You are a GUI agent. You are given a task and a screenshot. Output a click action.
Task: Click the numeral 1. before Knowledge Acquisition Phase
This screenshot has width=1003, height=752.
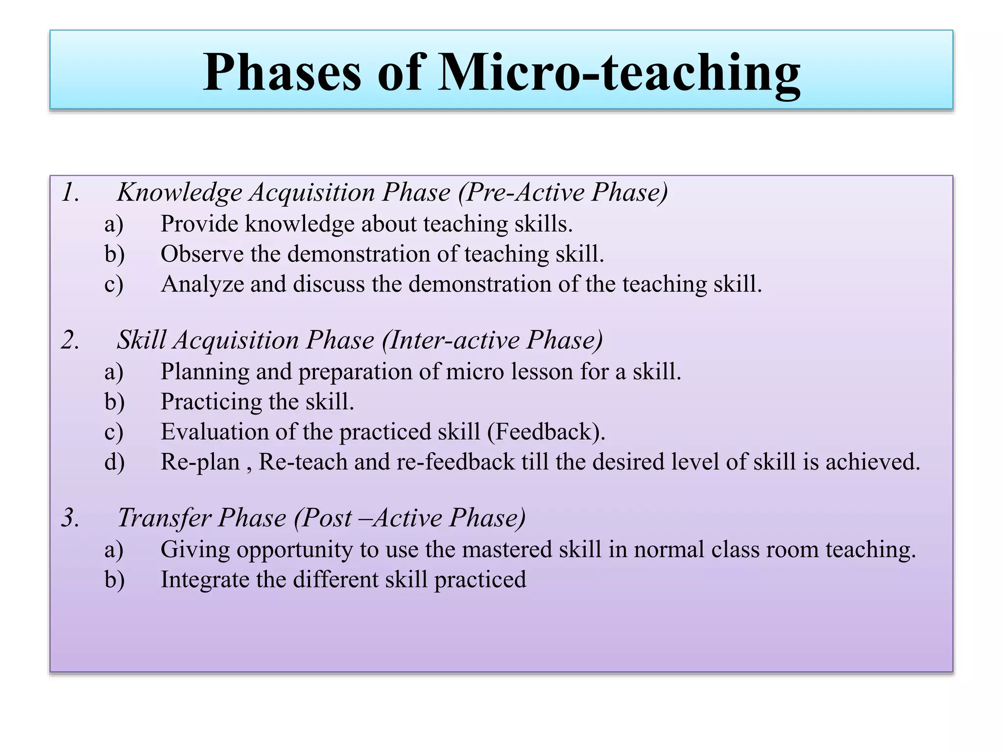(71, 192)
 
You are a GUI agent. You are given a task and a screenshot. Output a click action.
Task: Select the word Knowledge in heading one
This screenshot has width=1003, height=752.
(179, 192)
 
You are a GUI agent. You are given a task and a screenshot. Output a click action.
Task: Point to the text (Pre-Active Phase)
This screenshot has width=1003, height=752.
(563, 192)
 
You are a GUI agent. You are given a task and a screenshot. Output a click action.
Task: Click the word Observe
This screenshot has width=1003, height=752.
(202, 254)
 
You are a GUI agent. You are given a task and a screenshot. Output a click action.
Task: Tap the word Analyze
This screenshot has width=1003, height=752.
(202, 284)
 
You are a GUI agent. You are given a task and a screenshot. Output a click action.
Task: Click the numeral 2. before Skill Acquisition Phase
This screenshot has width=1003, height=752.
(71, 340)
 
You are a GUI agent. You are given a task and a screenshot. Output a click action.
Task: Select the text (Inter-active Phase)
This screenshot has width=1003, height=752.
(493, 340)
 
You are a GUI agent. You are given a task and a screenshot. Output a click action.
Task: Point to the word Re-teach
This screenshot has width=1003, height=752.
(303, 462)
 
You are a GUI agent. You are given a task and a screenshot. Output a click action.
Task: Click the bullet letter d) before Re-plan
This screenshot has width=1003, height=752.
(114, 462)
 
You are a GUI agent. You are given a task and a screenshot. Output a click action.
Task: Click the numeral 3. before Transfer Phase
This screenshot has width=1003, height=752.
(71, 517)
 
